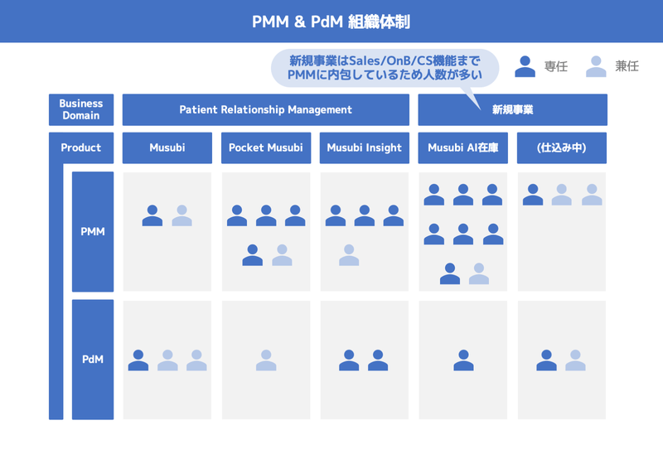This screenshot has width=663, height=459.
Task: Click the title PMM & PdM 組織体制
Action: (331, 22)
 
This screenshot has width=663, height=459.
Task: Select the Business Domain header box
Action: (81, 109)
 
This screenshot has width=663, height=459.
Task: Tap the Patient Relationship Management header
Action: (265, 109)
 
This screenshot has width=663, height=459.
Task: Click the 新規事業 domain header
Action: (512, 109)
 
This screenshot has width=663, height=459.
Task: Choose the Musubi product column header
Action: (167, 147)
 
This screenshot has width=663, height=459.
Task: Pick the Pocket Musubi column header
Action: (266, 147)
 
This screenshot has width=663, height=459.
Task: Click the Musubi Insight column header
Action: (365, 147)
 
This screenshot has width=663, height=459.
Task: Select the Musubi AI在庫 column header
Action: (463, 147)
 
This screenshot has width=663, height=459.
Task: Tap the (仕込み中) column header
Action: (562, 147)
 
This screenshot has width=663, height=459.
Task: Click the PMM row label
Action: (93, 232)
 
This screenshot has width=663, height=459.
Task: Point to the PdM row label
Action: (93, 360)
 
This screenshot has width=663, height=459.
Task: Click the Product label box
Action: (81, 147)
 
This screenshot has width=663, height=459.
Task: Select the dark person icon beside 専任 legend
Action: (525, 66)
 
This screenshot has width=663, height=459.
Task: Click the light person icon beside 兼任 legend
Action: (596, 66)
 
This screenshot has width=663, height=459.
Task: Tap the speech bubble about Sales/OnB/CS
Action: (385, 68)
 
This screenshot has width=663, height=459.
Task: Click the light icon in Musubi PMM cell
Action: (181, 215)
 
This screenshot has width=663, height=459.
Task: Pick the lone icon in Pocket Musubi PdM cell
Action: (266, 360)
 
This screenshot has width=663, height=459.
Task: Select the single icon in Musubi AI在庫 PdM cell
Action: (463, 360)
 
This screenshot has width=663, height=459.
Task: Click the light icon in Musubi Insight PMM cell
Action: (349, 255)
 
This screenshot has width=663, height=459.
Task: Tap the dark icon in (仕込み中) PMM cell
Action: (533, 195)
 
